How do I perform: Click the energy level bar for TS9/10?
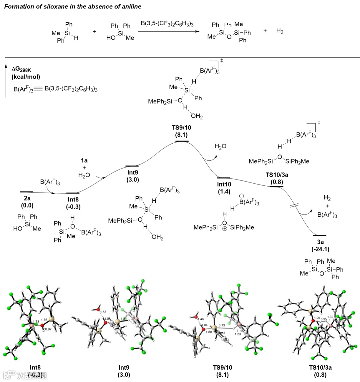(x=182, y=141)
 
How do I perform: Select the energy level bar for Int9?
(x=132, y=166)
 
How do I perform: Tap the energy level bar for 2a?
(x=26, y=192)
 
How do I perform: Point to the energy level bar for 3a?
(x=320, y=235)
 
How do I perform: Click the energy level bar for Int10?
(x=223, y=178)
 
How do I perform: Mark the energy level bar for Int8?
(x=73, y=193)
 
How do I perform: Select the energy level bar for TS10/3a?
(x=276, y=186)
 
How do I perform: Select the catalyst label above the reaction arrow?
(x=168, y=24)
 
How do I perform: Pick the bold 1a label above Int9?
(x=84, y=160)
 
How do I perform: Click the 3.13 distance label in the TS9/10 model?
(x=222, y=325)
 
